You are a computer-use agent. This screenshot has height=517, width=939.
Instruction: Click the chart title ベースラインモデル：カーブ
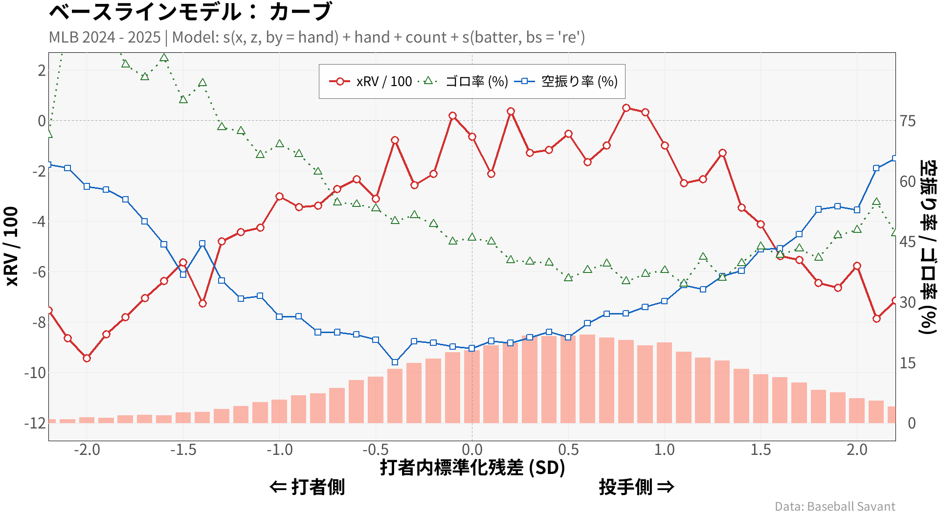pyautogui.click(x=191, y=12)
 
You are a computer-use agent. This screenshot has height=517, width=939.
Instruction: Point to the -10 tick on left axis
pyautogui.click(x=35, y=373)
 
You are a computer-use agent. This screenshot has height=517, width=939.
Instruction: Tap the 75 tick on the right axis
pyautogui.click(x=908, y=121)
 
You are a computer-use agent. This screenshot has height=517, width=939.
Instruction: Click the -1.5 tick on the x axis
pyautogui.click(x=183, y=450)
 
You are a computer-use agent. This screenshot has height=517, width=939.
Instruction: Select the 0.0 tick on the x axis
pyautogui.click(x=472, y=450)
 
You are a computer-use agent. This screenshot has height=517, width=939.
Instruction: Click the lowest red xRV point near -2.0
pyautogui.click(x=87, y=358)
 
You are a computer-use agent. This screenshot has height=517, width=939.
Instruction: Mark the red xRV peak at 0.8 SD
pyautogui.click(x=626, y=108)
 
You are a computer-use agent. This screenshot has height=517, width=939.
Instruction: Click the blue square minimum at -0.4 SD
pyautogui.click(x=395, y=362)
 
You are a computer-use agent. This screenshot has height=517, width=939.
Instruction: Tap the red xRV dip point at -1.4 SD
pyautogui.click(x=202, y=303)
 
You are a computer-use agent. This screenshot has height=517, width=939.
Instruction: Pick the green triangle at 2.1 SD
pyautogui.click(x=876, y=202)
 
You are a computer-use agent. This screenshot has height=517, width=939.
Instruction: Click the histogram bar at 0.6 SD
pyautogui.click(x=587, y=379)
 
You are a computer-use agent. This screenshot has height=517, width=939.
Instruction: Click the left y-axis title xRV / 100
pyautogui.click(x=11, y=246)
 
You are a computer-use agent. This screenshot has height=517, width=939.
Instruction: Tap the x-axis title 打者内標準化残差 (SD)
pyautogui.click(x=472, y=468)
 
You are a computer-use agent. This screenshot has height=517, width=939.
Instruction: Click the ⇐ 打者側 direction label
pyautogui.click(x=307, y=487)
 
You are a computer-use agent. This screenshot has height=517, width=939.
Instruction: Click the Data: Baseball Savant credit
pyautogui.click(x=835, y=506)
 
